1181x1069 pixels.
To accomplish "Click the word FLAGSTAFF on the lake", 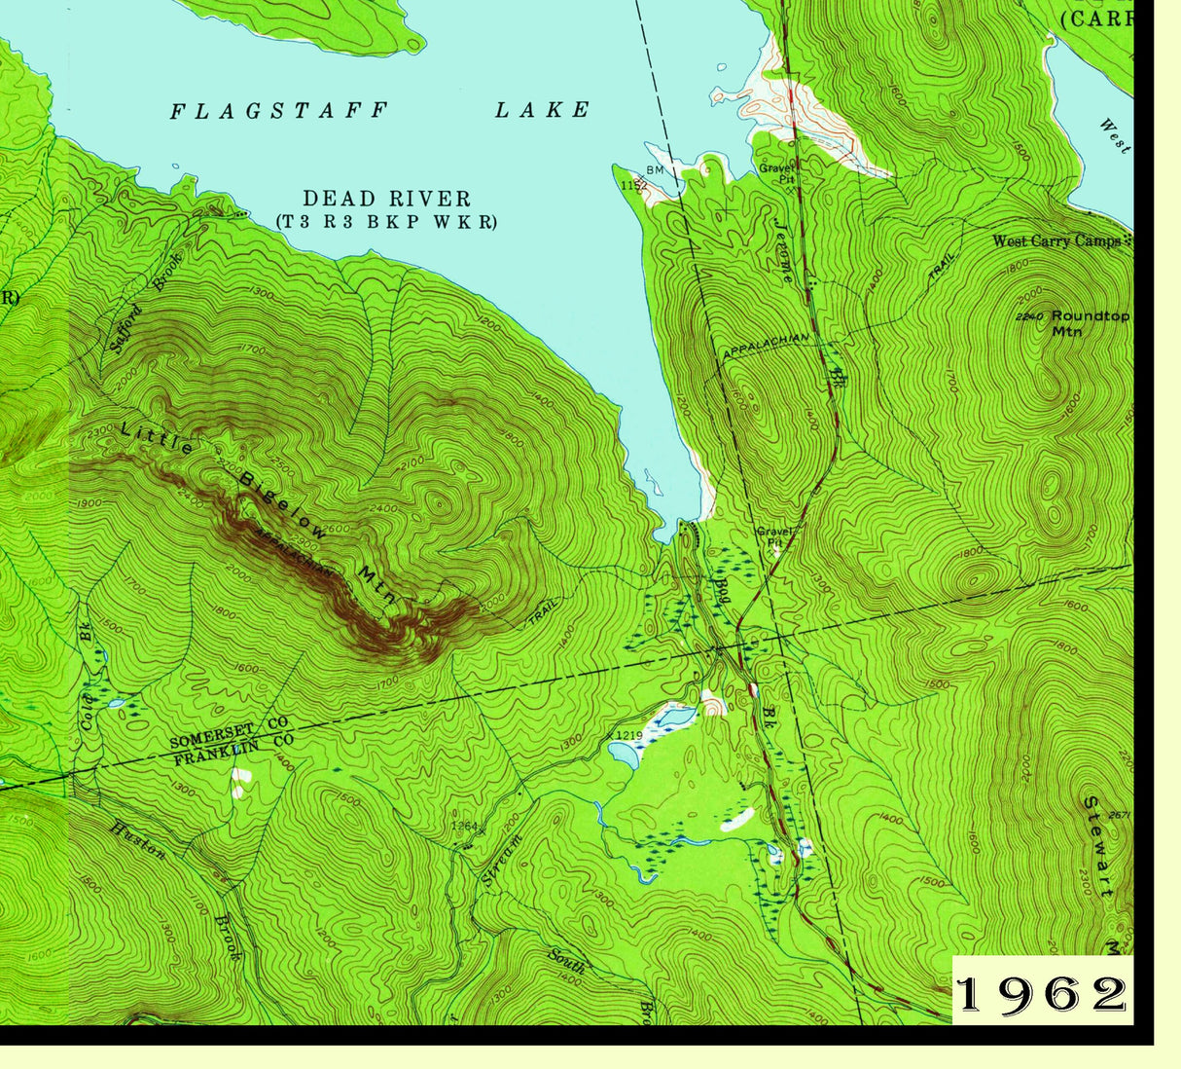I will (x=279, y=111).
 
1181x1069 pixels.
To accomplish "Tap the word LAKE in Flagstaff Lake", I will (x=542, y=110).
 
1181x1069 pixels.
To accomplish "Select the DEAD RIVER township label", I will (x=386, y=200).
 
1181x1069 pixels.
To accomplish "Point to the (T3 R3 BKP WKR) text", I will (x=386, y=222).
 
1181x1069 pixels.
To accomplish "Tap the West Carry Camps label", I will (x=1057, y=240).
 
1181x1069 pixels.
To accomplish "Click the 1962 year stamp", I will (x=1041, y=993).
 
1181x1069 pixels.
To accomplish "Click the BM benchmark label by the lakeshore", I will (x=655, y=170).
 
